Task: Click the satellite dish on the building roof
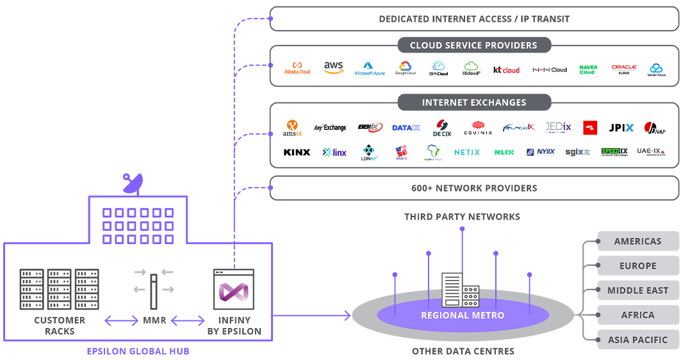coord(133,184)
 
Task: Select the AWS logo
coord(333,67)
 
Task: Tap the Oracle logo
coord(623,67)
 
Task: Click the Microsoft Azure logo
coord(369,69)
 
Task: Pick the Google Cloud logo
coord(405,68)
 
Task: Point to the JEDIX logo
coord(557,127)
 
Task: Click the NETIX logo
coord(467,152)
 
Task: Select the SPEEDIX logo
coord(614,152)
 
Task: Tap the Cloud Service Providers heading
coord(473,45)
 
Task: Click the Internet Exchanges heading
coord(473,102)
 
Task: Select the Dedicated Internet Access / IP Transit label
coord(473,19)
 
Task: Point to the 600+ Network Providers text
coord(473,188)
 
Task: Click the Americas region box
coord(637,241)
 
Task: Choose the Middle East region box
coord(637,290)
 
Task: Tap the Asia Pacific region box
coord(637,340)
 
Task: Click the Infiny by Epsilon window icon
coord(234,290)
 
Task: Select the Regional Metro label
coord(462,315)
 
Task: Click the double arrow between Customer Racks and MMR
coord(122,320)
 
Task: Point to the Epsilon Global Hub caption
coord(138,351)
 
